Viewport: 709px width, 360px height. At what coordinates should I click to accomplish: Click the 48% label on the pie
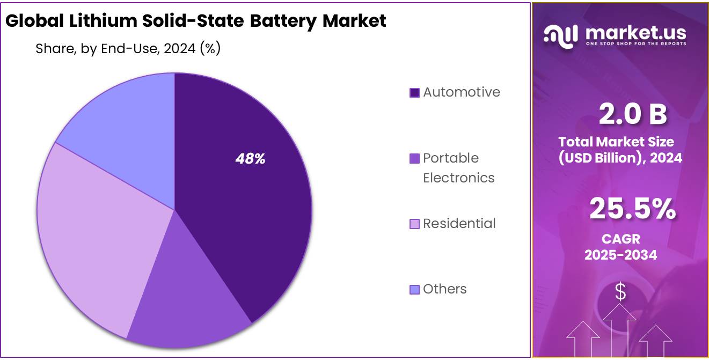[250, 159]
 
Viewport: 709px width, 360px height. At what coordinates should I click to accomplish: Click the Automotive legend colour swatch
[414, 93]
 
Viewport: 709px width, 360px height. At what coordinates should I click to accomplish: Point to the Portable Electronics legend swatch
[414, 159]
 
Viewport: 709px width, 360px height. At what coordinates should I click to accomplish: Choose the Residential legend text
[459, 223]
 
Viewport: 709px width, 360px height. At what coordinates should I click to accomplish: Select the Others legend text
[444, 289]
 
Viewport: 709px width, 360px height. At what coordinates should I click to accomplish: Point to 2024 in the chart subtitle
[180, 49]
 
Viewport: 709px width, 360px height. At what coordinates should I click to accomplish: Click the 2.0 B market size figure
[633, 114]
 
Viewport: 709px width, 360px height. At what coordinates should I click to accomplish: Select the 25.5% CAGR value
[632, 209]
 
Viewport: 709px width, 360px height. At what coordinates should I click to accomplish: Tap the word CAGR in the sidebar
[620, 238]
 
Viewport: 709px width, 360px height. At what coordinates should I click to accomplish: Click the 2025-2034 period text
[620, 254]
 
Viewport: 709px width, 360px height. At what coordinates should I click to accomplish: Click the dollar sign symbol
[620, 292]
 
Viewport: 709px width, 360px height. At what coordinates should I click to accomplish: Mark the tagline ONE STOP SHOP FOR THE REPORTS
[636, 43]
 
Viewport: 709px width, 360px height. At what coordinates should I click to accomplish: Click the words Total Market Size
[616, 142]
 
